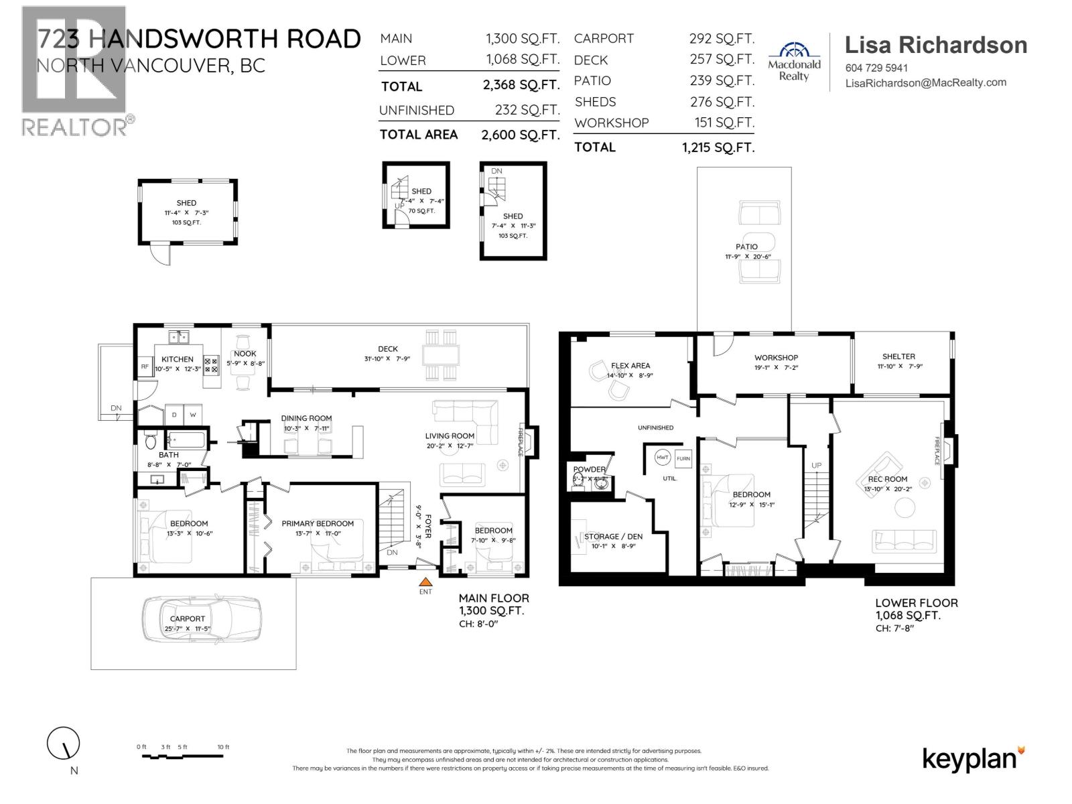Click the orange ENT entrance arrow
(x=425, y=582)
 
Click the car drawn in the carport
(x=202, y=620)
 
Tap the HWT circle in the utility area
(x=663, y=457)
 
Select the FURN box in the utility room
(x=683, y=459)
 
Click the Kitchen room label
(x=178, y=359)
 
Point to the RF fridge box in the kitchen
(x=145, y=366)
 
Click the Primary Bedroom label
(x=318, y=523)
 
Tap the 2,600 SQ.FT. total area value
(x=520, y=135)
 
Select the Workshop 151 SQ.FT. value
(x=724, y=123)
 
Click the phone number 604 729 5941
(x=876, y=68)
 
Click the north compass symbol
(x=64, y=743)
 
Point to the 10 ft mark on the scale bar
(x=223, y=747)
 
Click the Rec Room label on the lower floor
(x=888, y=479)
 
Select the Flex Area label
(x=630, y=366)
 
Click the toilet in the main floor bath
(x=151, y=442)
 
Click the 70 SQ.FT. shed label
(x=421, y=211)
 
